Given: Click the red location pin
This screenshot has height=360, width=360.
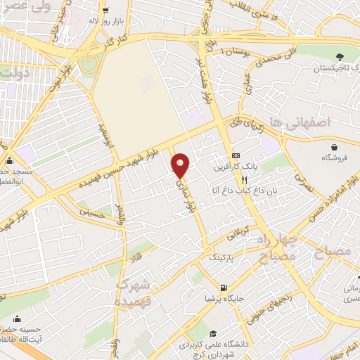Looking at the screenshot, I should click(x=181, y=166).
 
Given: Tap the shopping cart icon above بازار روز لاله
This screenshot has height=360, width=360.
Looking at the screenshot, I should click(x=105, y=11).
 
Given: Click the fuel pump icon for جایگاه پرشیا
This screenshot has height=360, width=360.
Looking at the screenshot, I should click(x=224, y=287).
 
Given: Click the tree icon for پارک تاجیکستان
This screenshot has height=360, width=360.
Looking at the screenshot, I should click(x=340, y=56).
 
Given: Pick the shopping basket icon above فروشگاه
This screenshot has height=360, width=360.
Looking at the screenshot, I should click(x=335, y=147).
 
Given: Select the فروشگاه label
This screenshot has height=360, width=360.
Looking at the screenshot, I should click(x=335, y=158).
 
